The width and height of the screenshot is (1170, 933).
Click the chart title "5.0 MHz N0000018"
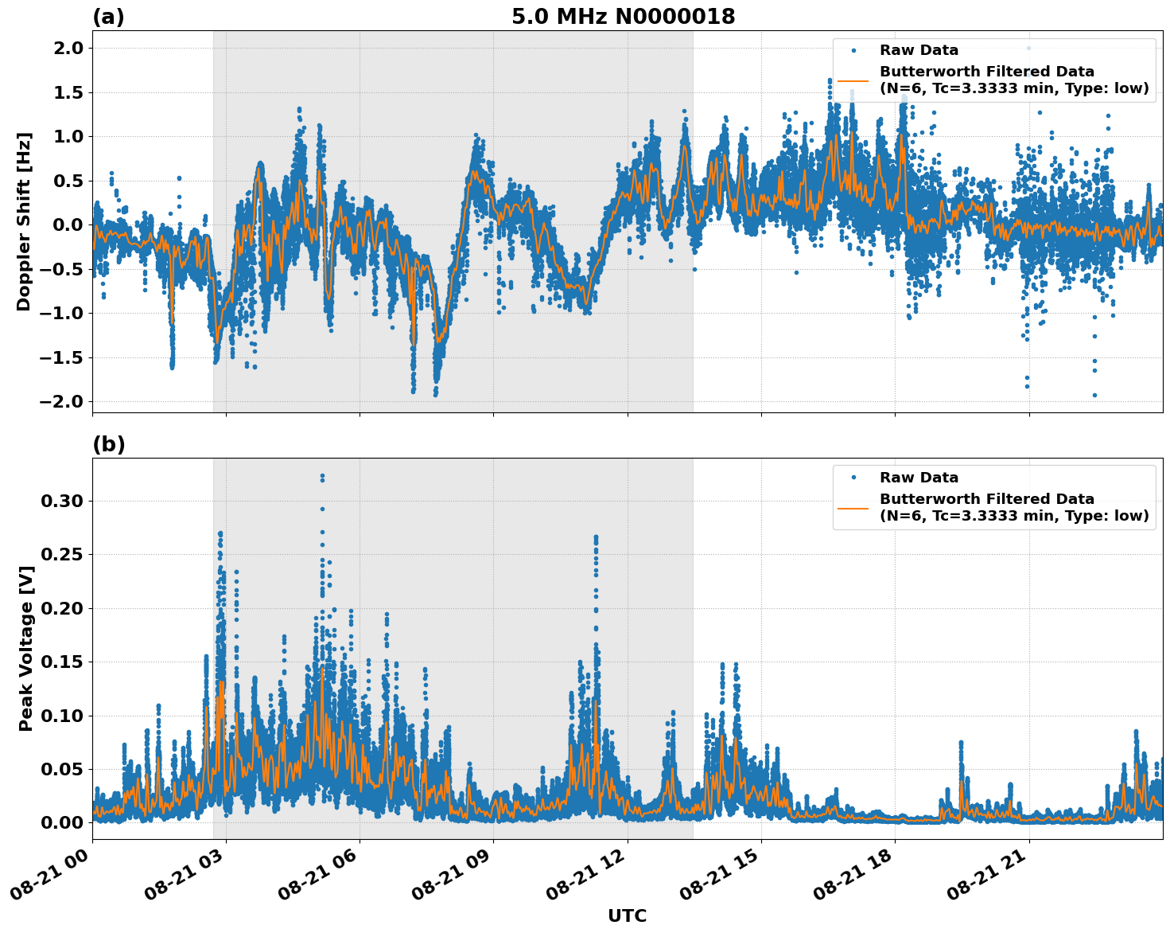623,16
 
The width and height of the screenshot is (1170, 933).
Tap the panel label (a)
108,17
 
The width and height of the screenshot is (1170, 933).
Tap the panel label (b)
108,444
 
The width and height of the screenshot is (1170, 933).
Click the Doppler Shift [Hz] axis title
24,221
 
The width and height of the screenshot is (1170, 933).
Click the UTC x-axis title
627,915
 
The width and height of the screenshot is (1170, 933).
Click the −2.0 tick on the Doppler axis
60,401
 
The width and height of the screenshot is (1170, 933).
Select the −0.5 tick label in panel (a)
60,269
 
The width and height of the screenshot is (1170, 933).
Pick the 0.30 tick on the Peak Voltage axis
61,501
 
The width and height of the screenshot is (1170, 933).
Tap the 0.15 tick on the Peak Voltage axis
61,662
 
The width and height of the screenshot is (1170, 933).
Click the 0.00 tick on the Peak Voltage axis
61,822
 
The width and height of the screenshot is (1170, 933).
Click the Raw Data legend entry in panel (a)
919,50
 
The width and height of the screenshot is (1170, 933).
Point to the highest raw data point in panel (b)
322,476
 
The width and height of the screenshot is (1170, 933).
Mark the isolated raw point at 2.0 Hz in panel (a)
1028,48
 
